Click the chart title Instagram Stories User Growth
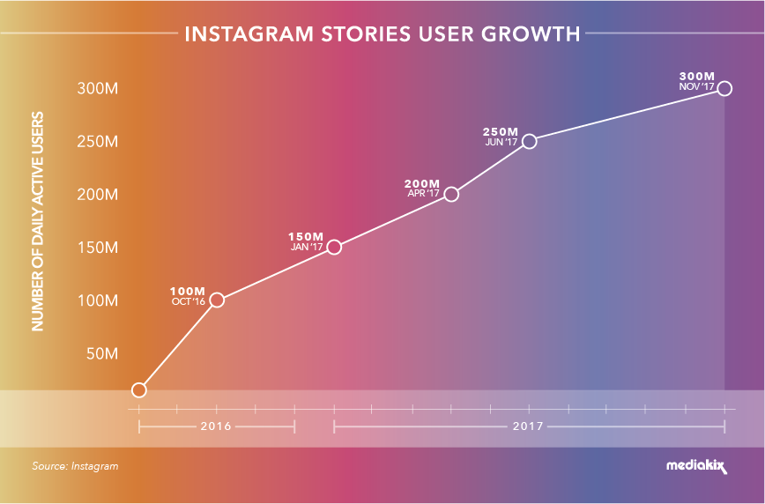(382, 35)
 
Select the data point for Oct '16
(217, 300)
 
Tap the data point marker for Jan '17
(334, 247)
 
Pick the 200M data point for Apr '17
(451, 194)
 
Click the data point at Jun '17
(529, 141)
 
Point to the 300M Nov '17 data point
(724, 88)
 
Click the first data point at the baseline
(138, 389)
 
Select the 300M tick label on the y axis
(98, 89)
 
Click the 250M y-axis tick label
(98, 142)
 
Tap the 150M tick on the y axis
(98, 248)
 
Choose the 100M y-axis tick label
(98, 300)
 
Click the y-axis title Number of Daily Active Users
(38, 220)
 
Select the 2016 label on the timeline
(216, 426)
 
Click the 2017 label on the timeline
(529, 426)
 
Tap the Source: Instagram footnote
(75, 466)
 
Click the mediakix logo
(696, 466)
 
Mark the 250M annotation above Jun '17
(499, 131)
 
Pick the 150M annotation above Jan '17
(306, 237)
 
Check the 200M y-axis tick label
(98, 195)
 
